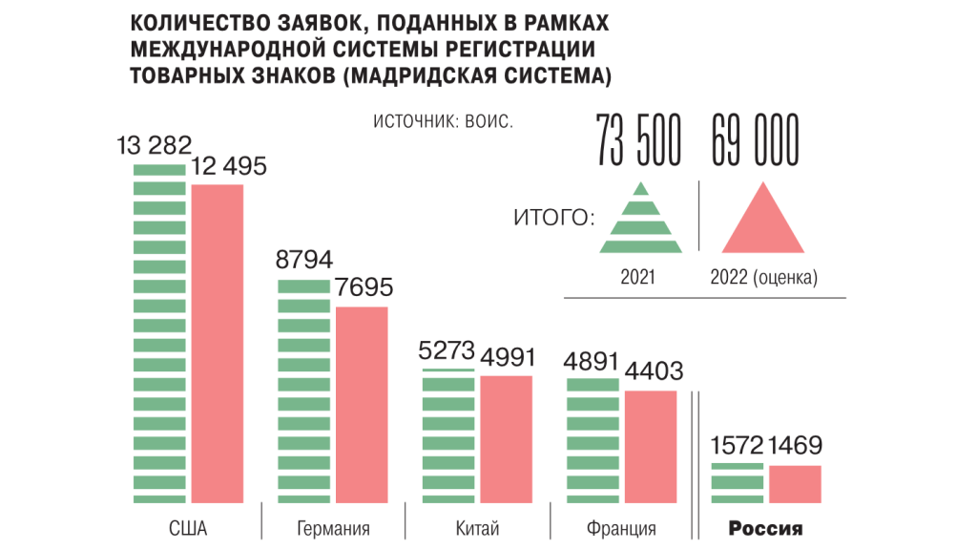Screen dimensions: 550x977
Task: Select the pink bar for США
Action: coord(218,343)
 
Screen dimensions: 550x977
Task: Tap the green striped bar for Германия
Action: coord(304,391)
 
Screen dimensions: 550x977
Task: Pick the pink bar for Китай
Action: coord(506,438)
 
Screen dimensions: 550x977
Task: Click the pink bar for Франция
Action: coord(651,446)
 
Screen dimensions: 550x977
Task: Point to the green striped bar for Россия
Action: coord(738,482)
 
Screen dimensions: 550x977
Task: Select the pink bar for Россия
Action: coord(795,483)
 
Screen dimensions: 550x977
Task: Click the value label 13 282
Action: coord(155,146)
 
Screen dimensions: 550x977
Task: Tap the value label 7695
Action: coord(362,287)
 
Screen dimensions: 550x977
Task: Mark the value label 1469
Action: coord(796,446)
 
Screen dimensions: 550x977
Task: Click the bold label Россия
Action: coord(766,528)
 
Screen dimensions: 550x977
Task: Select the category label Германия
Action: coord(333,528)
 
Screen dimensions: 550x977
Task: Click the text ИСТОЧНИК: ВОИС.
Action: coord(443,122)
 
